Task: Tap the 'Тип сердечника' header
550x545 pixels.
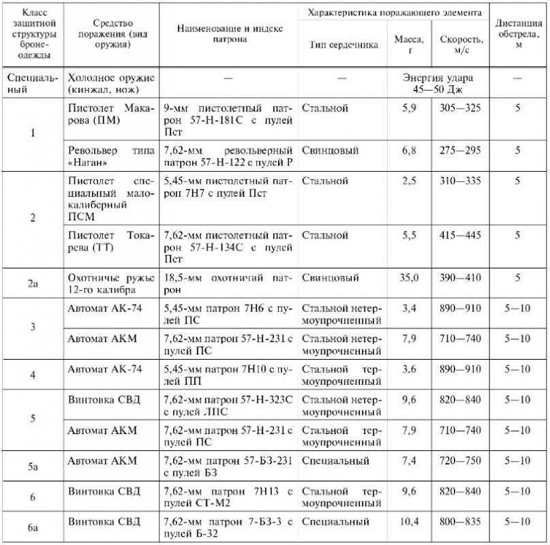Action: point(338,45)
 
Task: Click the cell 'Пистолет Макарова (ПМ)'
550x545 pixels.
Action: point(111,114)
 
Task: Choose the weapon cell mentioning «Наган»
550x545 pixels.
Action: point(111,155)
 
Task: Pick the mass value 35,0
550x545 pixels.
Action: point(408,278)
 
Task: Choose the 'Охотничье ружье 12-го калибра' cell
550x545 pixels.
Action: point(111,284)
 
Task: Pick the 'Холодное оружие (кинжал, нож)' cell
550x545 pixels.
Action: point(111,83)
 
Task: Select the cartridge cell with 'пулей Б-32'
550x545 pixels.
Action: point(228,528)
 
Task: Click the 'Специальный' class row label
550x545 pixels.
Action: point(32,83)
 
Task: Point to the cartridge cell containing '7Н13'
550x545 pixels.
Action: point(228,497)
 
